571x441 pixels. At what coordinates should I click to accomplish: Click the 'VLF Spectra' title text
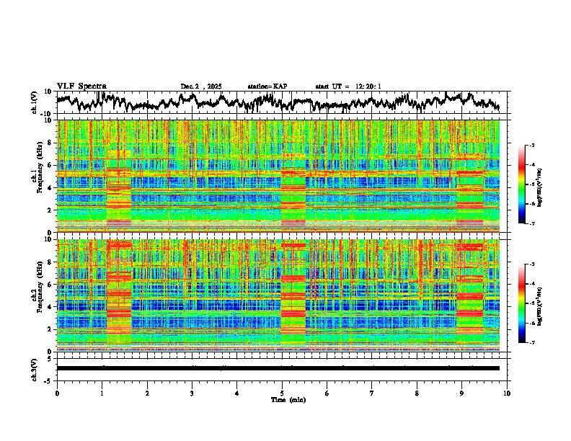point(81,86)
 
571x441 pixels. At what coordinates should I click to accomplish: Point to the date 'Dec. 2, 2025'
point(201,86)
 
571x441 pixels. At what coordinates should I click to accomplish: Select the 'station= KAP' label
point(267,86)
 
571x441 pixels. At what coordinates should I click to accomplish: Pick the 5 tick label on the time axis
point(282,393)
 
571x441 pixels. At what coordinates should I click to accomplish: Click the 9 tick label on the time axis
point(462,393)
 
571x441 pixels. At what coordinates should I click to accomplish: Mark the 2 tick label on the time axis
point(147,393)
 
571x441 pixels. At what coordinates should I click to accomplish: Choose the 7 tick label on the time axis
point(372,393)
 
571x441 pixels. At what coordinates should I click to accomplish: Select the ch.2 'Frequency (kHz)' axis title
point(40,295)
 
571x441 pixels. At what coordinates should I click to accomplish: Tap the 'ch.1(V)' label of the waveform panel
point(35,102)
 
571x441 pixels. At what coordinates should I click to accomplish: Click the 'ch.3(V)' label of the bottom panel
point(35,368)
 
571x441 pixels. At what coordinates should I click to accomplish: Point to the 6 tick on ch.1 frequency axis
point(50,165)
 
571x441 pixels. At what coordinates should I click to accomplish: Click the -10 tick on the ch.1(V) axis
point(48,114)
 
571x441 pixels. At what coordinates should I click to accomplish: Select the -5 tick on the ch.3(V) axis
point(49,379)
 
